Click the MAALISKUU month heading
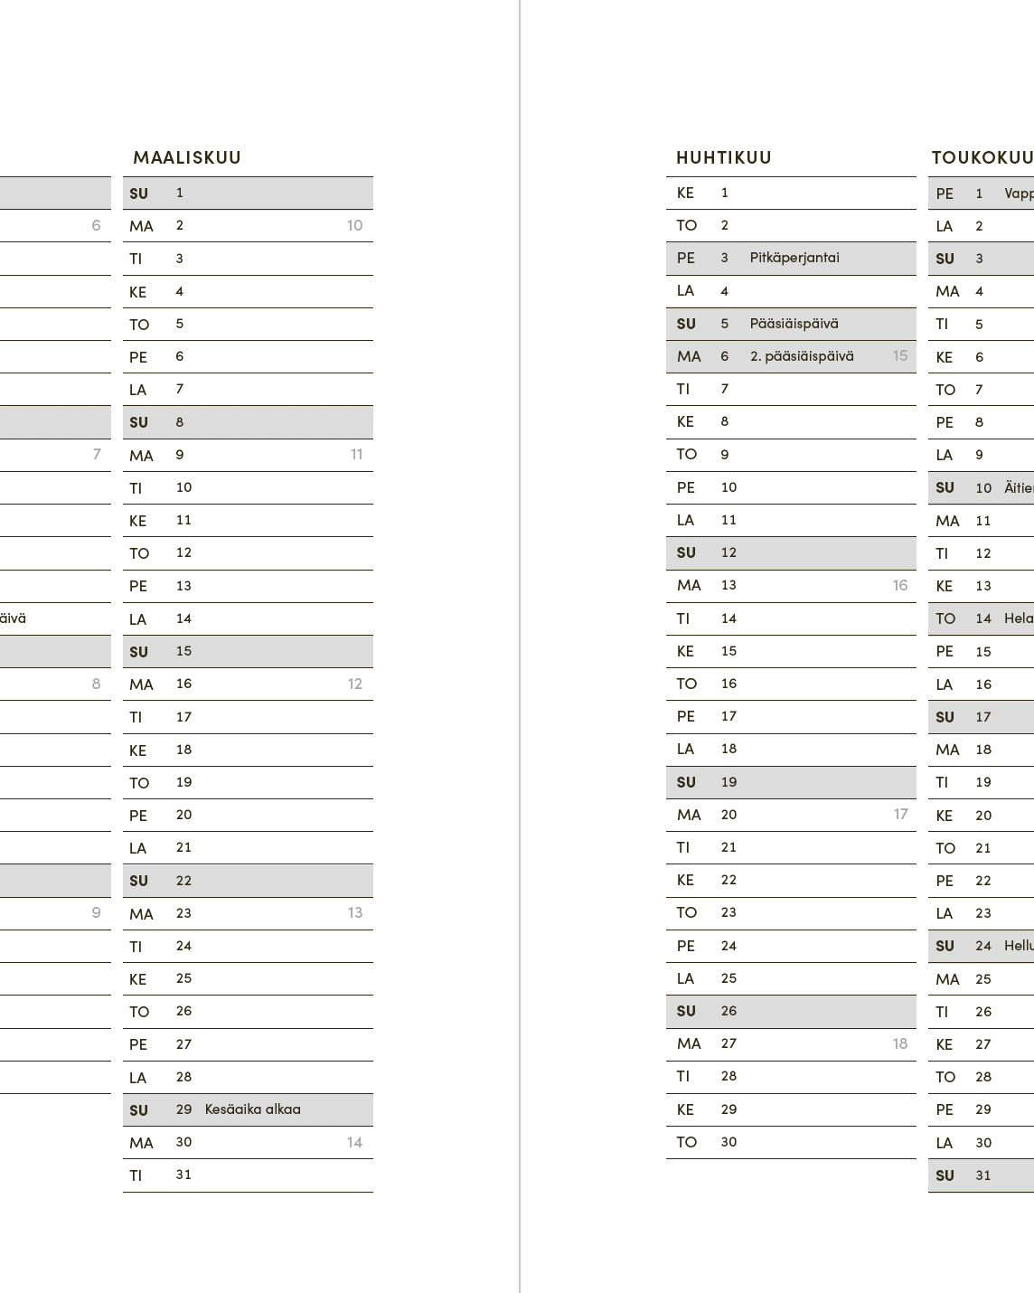click(x=187, y=157)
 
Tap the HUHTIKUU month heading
click(x=724, y=157)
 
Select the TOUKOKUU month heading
click(x=982, y=157)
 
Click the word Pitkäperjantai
click(x=794, y=258)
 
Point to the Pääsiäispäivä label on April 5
click(x=794, y=324)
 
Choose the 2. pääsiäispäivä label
click(x=802, y=356)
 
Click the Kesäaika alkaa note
click(x=253, y=1109)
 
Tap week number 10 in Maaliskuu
click(x=354, y=226)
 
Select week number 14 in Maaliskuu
click(x=354, y=1143)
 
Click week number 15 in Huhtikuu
click(x=900, y=356)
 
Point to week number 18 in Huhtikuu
click(x=900, y=1043)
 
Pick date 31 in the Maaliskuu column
click(x=183, y=1175)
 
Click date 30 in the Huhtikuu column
click(x=728, y=1142)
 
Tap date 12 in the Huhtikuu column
click(x=728, y=552)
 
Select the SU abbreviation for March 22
click(x=138, y=881)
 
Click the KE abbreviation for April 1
click(x=685, y=193)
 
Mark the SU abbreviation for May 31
click(x=945, y=1175)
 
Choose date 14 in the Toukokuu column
click(x=983, y=618)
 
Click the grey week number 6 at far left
click(x=97, y=226)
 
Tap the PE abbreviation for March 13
click(x=138, y=586)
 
